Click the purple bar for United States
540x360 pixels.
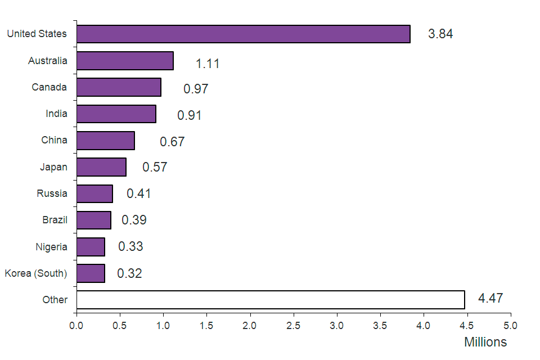click(x=243, y=34)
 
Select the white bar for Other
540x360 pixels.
click(x=270, y=300)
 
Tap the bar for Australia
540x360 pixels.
click(x=125, y=61)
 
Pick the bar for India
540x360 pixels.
click(x=116, y=114)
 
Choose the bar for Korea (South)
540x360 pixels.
click(x=91, y=273)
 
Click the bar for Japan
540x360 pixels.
click(x=101, y=167)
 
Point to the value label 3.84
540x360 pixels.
click(x=440, y=34)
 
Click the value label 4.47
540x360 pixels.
click(x=490, y=298)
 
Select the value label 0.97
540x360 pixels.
click(x=196, y=89)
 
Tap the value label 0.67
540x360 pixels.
click(x=172, y=142)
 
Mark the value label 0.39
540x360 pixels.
click(x=134, y=220)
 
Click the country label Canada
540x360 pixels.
click(x=49, y=87)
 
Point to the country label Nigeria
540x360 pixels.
click(x=51, y=247)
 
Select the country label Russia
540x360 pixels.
click(x=52, y=193)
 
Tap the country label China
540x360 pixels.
click(x=54, y=140)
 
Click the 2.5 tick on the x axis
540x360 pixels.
click(x=293, y=325)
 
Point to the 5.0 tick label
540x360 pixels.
click(x=510, y=325)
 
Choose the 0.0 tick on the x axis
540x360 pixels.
click(x=76, y=325)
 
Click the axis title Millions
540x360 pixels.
click(x=485, y=342)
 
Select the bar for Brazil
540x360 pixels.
click(x=93, y=220)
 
